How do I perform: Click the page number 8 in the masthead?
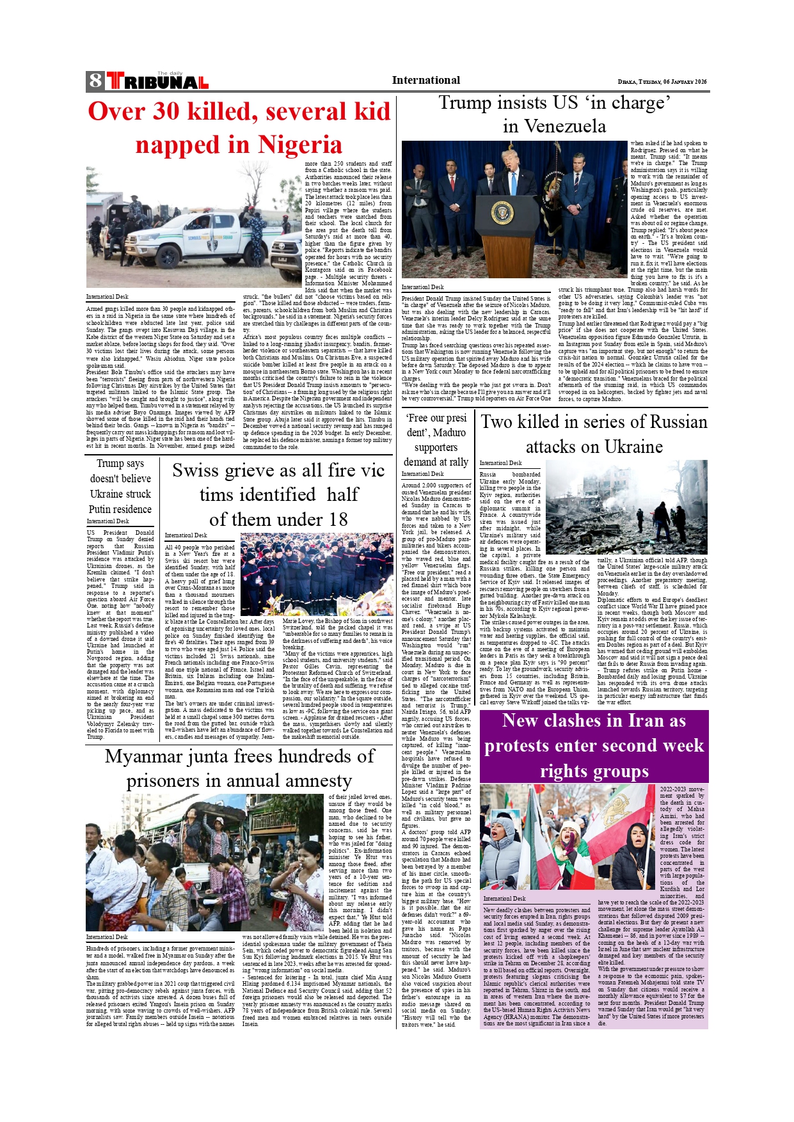pos(95,81)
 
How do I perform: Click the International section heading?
pos(425,80)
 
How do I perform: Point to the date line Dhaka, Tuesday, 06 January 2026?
pos(662,82)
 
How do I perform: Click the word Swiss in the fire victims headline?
pos(196,470)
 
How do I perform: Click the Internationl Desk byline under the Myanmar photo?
pos(107,937)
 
